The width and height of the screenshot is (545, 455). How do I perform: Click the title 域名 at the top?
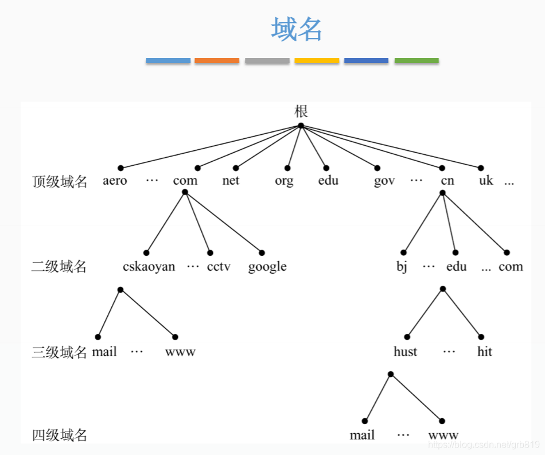coord(297,29)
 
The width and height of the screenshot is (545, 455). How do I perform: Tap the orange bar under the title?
coord(217,60)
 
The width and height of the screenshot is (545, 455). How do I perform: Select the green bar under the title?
coord(416,60)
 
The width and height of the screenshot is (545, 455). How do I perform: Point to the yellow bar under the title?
coord(317,60)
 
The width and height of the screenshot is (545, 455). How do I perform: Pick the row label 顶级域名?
coord(60,182)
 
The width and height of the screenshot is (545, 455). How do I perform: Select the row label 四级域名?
coord(60,435)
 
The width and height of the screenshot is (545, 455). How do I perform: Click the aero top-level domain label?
coord(115,181)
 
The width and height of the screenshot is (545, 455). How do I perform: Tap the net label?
coord(231,181)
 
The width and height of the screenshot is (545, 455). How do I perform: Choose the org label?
coord(284,181)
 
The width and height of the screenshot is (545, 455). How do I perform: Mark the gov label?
coord(384,181)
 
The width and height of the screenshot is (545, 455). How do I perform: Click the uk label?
coord(486,181)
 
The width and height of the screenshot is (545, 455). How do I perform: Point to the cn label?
coord(447,181)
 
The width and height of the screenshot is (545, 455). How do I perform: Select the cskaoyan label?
coord(149,267)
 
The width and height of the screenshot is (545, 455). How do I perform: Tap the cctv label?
coord(219,267)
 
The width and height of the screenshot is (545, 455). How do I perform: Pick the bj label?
coord(402,267)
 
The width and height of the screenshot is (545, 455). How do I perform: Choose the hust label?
coord(406,351)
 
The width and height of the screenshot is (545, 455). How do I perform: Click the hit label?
coord(485,351)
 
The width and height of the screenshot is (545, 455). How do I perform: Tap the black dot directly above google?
coord(262,252)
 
